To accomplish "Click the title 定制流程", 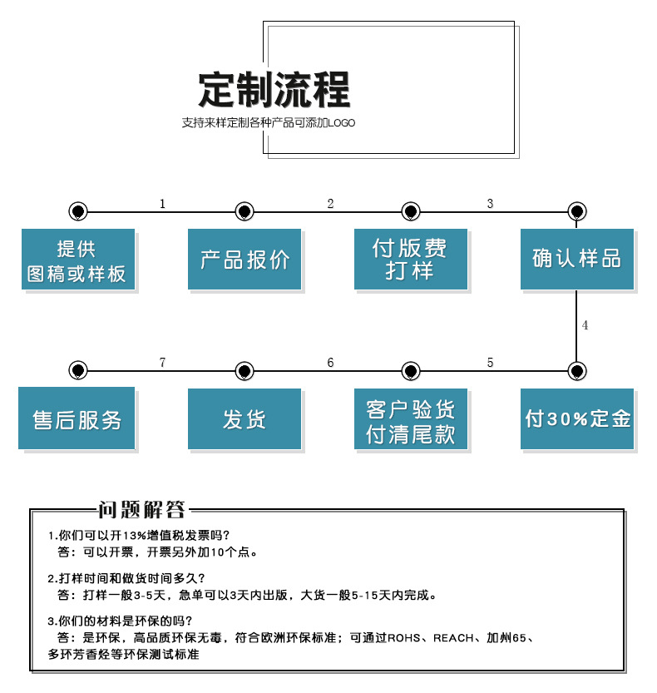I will point(274,89).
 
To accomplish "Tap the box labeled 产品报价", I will point(244,259).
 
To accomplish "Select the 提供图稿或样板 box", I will point(77,259).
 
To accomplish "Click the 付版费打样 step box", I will point(410,259).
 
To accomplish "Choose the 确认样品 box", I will point(576,259).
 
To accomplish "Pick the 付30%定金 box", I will point(576,418).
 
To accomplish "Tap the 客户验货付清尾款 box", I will point(410,418).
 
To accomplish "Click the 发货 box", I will point(244,418).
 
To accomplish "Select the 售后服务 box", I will point(77,418).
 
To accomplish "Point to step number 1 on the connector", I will point(162,204).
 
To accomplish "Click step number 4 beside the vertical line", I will point(585,325).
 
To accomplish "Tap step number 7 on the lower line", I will point(162,363).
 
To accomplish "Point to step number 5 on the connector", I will point(490,363).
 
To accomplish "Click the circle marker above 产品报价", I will point(244,211).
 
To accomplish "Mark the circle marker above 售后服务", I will point(77,370).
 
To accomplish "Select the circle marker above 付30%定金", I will point(576,370).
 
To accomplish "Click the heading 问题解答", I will point(141,510).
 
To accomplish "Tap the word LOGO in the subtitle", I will point(341,123).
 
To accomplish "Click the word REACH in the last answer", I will point(453,638).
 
